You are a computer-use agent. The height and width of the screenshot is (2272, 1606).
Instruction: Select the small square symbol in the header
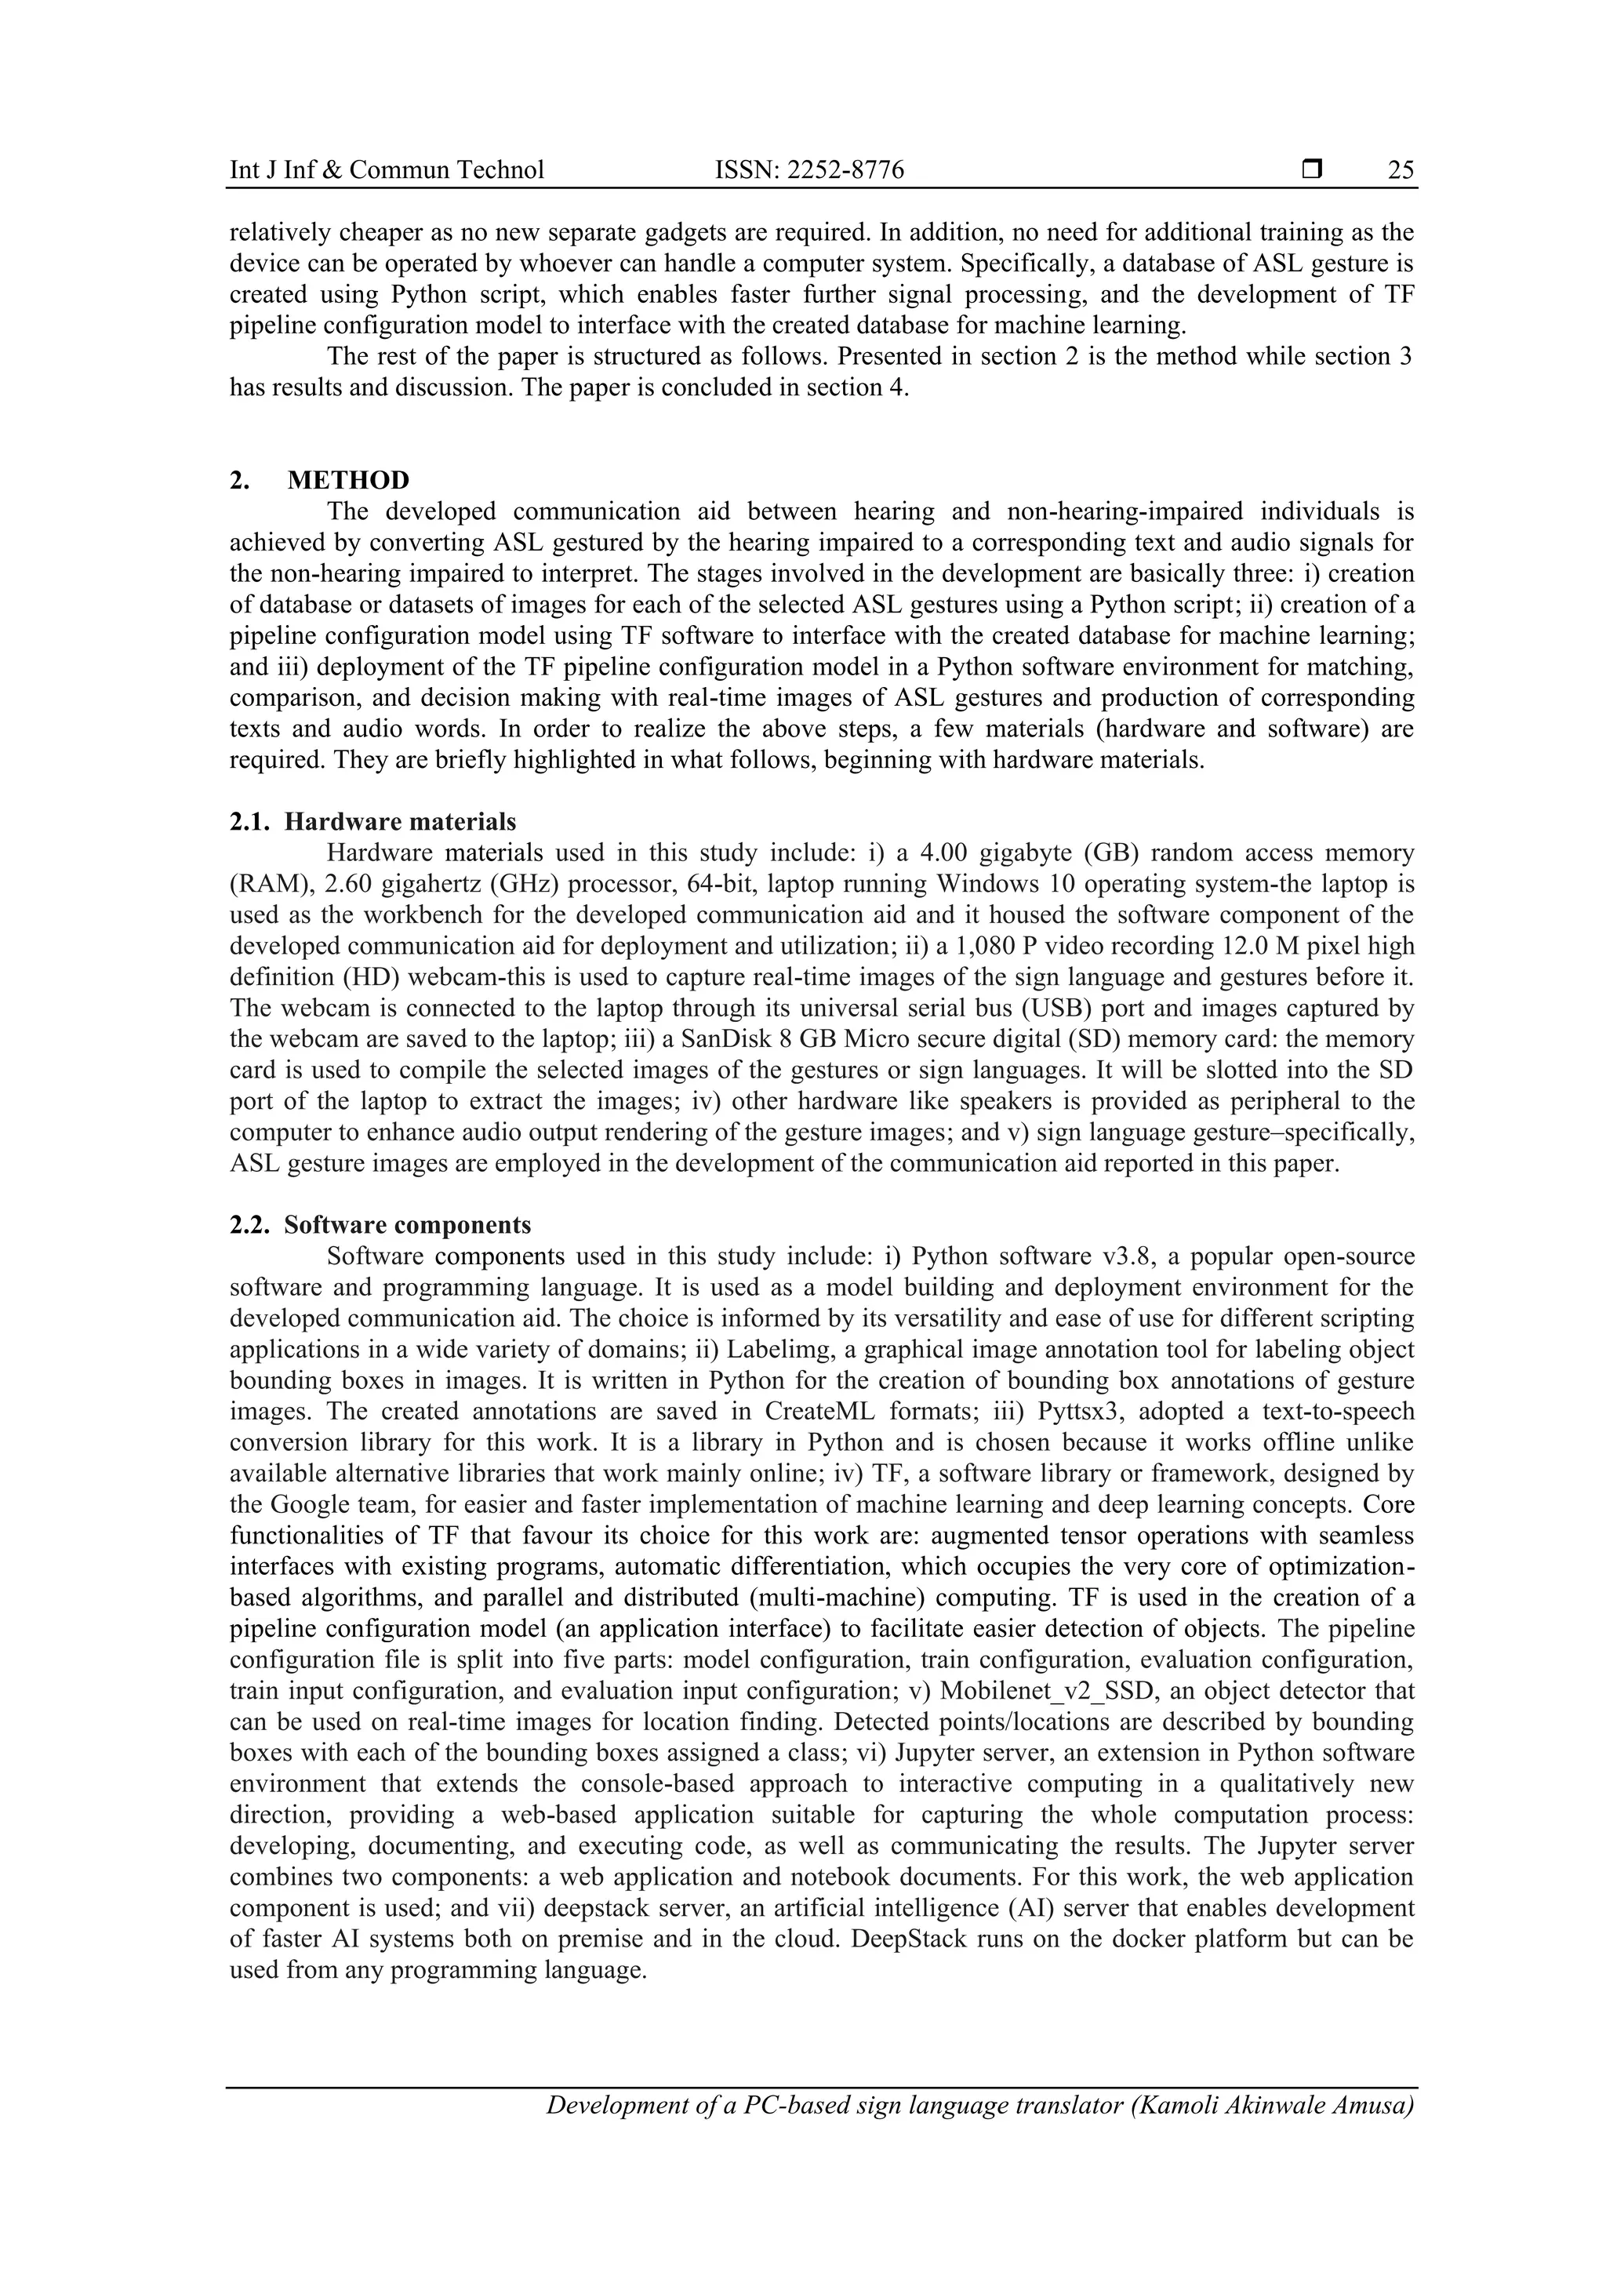(1312, 170)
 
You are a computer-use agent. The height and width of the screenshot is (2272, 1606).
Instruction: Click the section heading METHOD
(348, 480)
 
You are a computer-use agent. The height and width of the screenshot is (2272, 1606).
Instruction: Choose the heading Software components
(407, 1225)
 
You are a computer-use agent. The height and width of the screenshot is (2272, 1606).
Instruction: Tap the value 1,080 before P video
(990, 946)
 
